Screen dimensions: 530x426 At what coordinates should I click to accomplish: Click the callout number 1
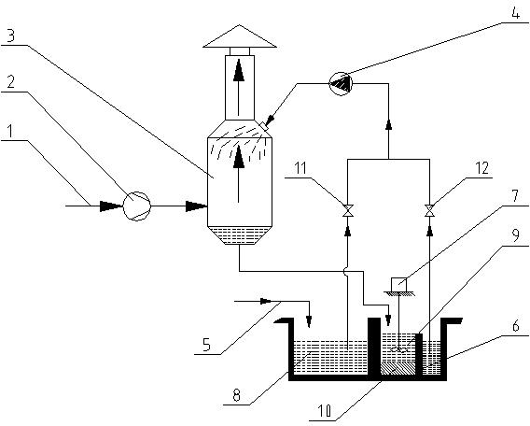click(x=11, y=132)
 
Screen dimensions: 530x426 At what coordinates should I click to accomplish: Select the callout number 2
click(x=10, y=81)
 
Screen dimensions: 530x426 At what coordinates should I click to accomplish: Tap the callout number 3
click(x=10, y=35)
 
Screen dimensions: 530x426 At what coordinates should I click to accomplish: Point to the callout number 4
click(x=515, y=12)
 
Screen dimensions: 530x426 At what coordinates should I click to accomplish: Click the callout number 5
click(x=206, y=345)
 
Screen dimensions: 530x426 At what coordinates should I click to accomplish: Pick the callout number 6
click(x=516, y=326)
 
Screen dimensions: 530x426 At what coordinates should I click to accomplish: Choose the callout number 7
click(x=515, y=196)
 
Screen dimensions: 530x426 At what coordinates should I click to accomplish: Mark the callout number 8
click(x=236, y=395)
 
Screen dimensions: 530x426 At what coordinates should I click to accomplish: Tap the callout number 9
click(x=515, y=235)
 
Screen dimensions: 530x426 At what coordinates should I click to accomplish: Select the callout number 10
click(x=324, y=411)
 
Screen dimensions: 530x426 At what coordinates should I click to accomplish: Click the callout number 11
click(x=300, y=168)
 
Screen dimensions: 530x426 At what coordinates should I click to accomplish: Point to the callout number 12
click(x=481, y=168)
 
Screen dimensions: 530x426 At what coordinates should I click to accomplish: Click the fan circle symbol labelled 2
click(x=136, y=206)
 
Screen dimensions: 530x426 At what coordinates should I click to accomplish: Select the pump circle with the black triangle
click(x=341, y=83)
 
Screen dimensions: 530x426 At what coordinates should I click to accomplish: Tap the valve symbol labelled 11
click(x=348, y=210)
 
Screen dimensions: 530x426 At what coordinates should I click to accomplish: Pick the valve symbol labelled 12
click(x=429, y=210)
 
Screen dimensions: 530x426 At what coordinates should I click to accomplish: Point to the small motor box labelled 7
click(x=398, y=284)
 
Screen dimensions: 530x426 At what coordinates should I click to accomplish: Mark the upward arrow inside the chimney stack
click(x=239, y=87)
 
